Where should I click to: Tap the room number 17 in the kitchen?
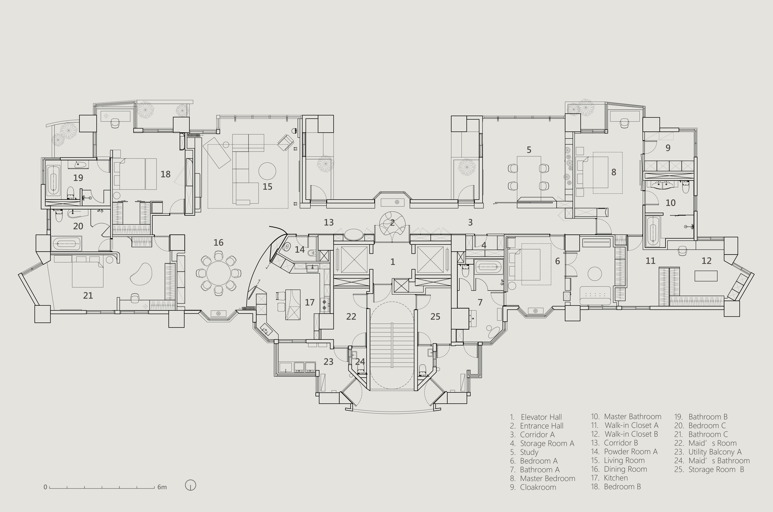coord(309,302)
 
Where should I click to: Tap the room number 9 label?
coord(668,148)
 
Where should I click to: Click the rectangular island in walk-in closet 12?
coord(706,276)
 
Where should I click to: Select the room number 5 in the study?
coord(529,150)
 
